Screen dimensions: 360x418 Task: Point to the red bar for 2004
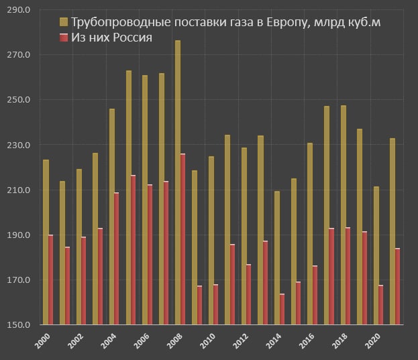tap(116, 259)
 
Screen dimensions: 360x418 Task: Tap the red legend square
tap(64, 38)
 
